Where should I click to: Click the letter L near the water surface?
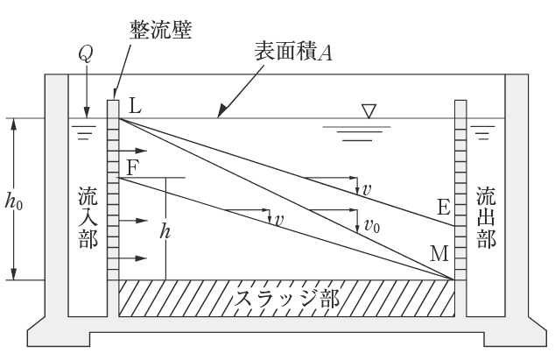[134, 106]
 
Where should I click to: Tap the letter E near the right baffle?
[443, 208]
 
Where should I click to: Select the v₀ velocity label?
[374, 223]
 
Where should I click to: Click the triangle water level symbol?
[369, 111]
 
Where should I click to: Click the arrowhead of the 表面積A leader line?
[221, 116]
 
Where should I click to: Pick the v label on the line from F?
[278, 220]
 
